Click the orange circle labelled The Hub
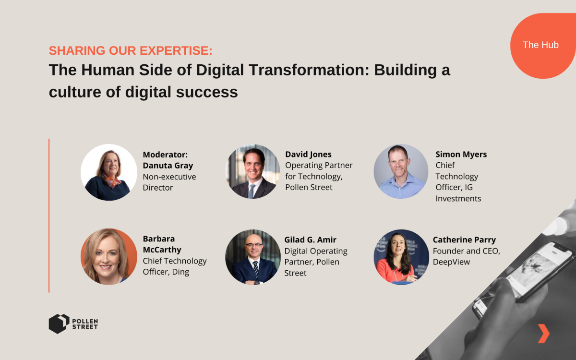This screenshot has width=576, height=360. coord(542,46)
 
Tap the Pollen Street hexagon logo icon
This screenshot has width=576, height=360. coord(59,324)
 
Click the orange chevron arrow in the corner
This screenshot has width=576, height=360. coord(543,334)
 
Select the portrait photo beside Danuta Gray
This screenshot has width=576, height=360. coord(109,172)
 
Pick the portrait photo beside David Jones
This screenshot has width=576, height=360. coord(252,171)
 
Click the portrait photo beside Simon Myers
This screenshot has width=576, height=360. coord(401,171)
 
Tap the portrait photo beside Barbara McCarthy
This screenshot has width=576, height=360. coord(109,257)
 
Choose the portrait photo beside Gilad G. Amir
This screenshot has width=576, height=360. coord(253,257)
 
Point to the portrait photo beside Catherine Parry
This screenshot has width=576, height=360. coord(401,257)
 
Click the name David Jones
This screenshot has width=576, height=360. coord(308,154)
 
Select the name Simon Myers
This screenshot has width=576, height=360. coord(461,154)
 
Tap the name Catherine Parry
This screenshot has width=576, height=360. coord(464,240)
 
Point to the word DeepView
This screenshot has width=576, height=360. coord(451,262)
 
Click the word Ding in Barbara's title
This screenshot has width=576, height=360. coord(180,272)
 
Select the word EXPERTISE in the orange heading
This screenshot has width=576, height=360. coord(176,50)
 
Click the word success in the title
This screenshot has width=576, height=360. coord(207,92)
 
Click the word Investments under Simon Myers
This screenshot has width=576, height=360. coord(458,199)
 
